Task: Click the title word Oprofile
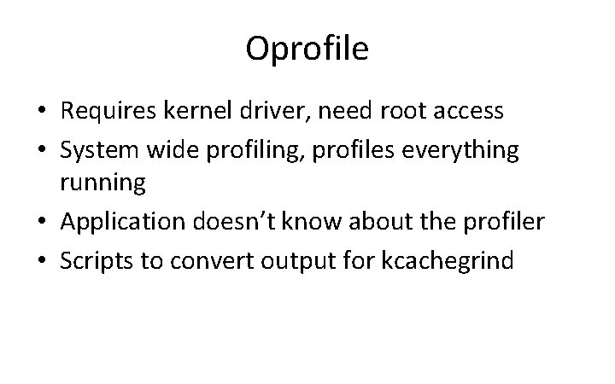[x=307, y=49]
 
